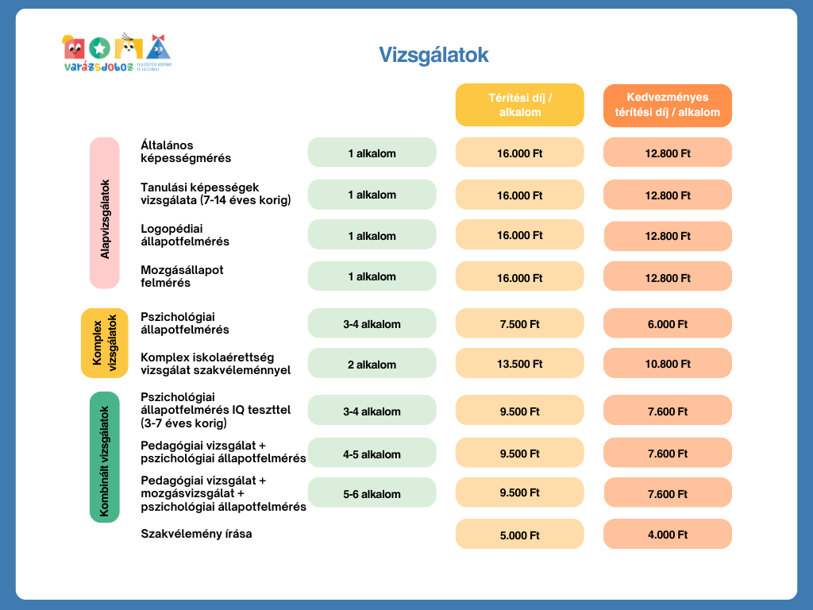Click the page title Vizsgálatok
433,55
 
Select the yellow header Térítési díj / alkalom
519,105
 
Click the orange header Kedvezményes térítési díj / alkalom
667,105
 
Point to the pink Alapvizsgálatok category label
105,213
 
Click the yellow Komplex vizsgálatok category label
104,343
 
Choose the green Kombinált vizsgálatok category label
104,457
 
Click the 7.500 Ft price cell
519,324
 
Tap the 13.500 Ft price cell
519,364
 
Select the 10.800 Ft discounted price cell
667,364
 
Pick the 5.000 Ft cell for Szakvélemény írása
519,535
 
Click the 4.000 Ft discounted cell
667,535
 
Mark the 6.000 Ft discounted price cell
667,324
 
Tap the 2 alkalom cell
372,365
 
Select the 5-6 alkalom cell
372,494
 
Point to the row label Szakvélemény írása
196,534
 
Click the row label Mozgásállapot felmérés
182,276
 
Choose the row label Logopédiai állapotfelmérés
185,235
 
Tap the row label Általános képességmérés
186,152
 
